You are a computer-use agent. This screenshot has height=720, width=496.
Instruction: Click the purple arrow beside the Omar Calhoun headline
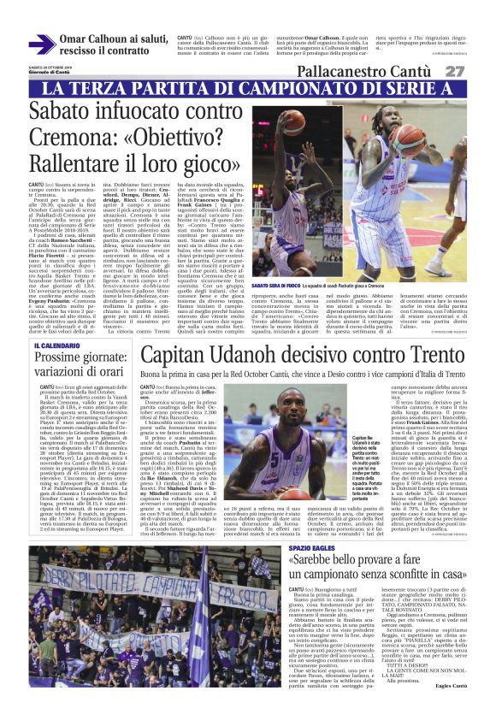pos(43,44)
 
